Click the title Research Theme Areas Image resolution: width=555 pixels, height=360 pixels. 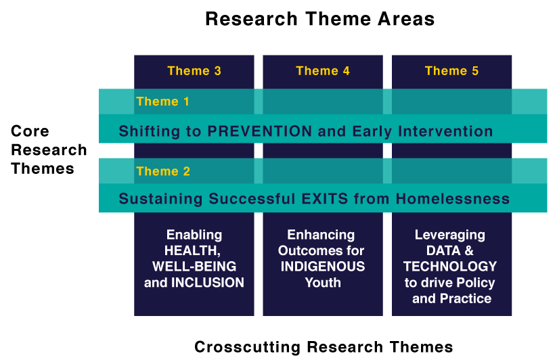[320, 19]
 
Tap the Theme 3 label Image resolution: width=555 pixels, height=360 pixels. [194, 71]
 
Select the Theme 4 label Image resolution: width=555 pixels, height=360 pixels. [323, 71]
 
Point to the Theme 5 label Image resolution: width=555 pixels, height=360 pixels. [451, 71]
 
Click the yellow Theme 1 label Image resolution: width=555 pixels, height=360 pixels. [163, 102]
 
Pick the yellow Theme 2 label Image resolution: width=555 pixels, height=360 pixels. [163, 171]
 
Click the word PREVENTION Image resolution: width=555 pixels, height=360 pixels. [259, 131]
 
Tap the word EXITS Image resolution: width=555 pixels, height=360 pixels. [325, 198]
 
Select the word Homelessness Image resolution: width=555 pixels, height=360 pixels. [453, 198]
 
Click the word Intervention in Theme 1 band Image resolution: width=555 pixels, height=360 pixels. [445, 131]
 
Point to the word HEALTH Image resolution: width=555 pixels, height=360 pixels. [192, 250]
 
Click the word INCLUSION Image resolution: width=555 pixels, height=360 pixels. [208, 282]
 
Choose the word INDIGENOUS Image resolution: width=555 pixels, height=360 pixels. [323, 267]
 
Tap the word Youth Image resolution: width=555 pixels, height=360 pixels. [323, 282]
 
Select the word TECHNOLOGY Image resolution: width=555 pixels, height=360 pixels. [450, 267]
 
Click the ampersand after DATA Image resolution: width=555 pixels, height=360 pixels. [468, 250]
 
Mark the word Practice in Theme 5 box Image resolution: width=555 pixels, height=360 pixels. [466, 298]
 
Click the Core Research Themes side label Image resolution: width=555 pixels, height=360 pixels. [49, 150]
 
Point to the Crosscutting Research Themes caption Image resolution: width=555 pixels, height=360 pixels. [324, 347]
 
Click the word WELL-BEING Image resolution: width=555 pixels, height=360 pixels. [194, 267]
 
